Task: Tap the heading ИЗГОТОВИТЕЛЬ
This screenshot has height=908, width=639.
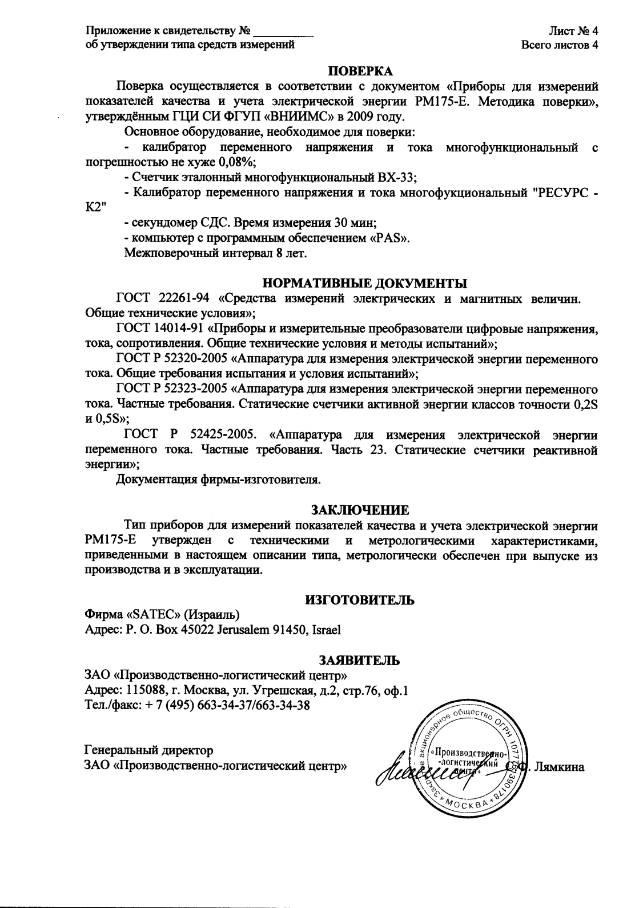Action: coord(360,600)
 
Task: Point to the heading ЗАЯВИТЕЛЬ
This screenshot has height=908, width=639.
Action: coord(359,661)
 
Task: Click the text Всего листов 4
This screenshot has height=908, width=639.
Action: coord(560,45)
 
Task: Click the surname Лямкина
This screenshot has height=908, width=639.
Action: coord(562,767)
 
